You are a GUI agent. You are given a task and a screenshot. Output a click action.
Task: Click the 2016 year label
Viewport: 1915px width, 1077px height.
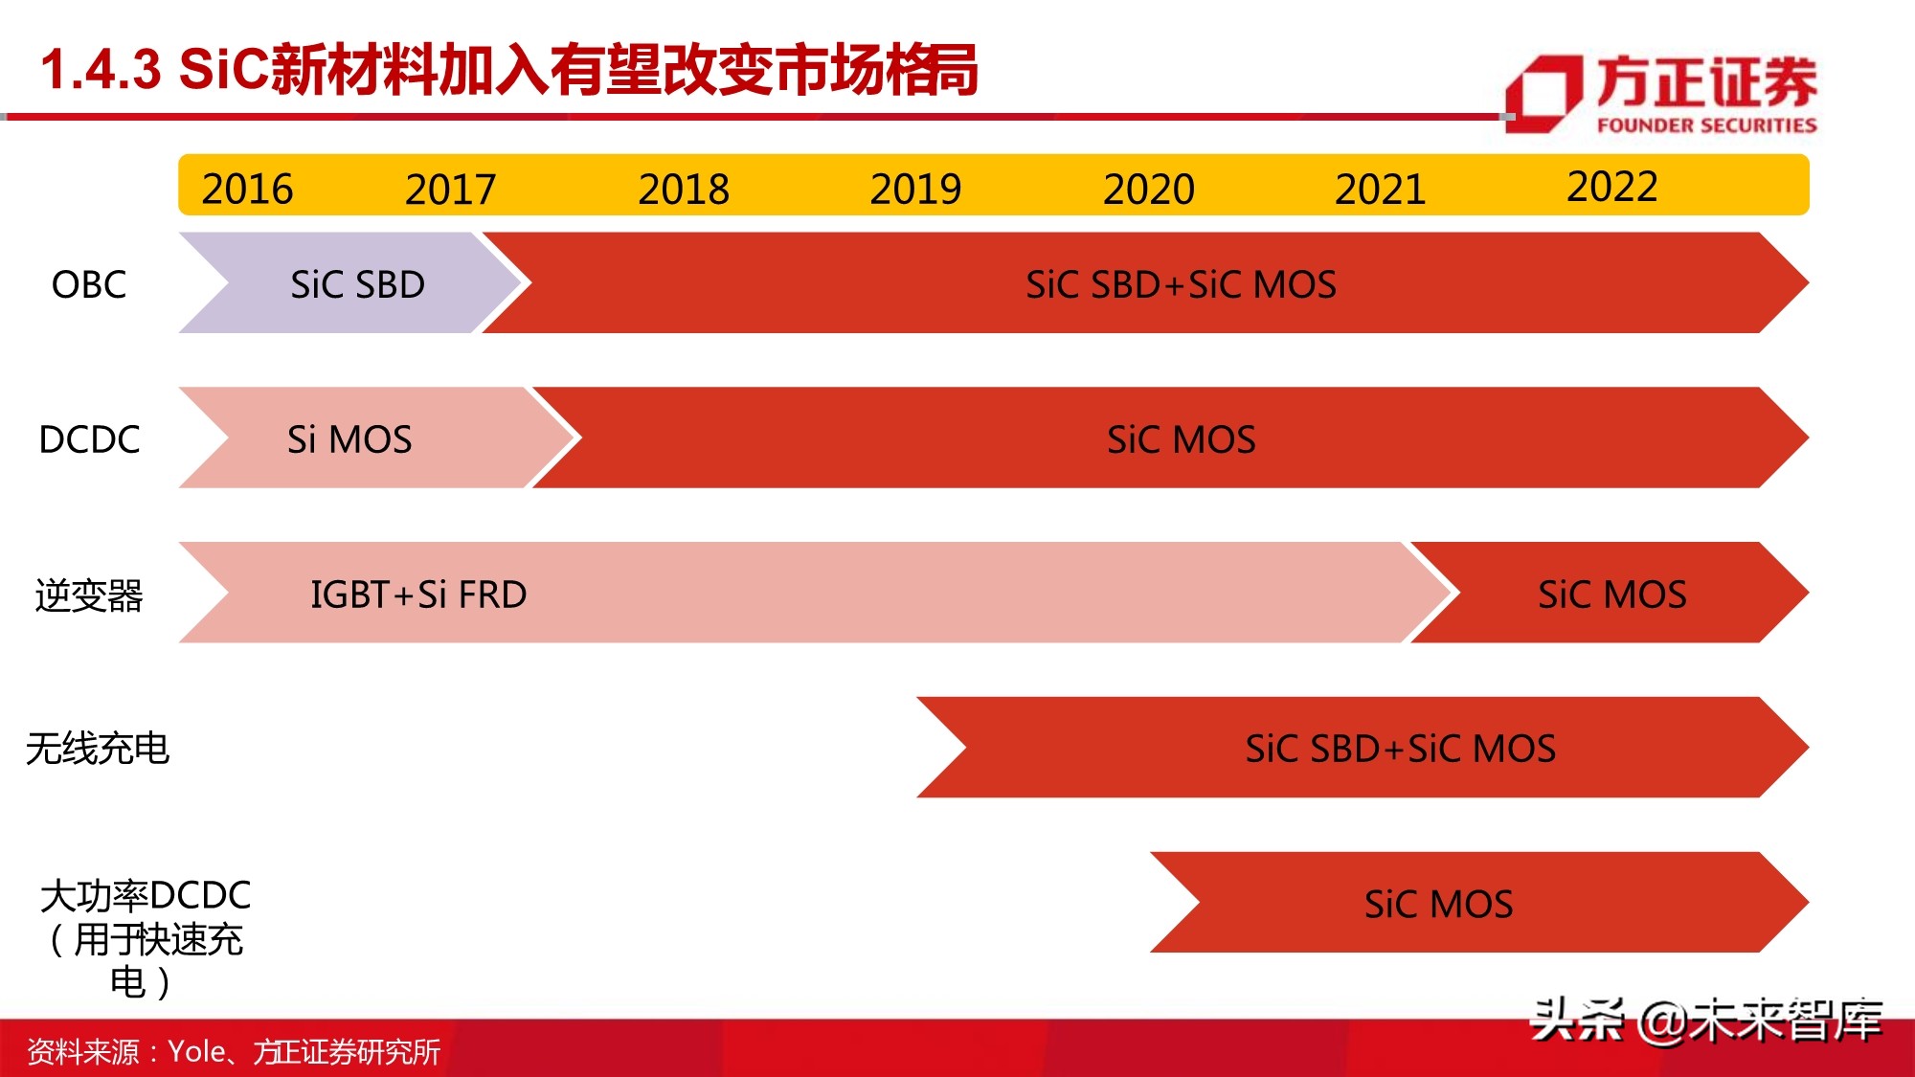click(x=247, y=189)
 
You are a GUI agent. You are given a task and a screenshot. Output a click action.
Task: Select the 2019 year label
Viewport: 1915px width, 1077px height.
click(x=915, y=189)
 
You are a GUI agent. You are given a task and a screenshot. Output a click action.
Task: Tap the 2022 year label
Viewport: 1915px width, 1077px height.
click(x=1611, y=186)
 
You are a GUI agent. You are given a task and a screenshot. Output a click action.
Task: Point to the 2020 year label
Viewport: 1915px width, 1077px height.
click(x=1148, y=189)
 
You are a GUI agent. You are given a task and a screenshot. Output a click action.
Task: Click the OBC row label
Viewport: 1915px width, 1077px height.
click(x=89, y=284)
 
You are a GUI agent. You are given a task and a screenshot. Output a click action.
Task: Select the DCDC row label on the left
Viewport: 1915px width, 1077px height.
click(x=89, y=439)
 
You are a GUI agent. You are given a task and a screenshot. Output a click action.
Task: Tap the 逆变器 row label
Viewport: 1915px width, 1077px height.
click(x=89, y=595)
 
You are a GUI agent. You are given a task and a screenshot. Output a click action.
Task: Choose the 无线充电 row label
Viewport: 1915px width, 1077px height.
click(x=98, y=749)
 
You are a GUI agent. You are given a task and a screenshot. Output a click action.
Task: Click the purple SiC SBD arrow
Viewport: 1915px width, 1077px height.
click(x=357, y=284)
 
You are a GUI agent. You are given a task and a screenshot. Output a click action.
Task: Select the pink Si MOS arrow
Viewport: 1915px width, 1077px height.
click(x=349, y=439)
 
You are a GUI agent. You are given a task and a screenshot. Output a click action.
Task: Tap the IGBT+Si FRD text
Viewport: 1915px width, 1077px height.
click(x=418, y=595)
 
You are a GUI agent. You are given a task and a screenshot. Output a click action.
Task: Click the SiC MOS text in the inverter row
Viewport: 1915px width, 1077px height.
click(x=1611, y=595)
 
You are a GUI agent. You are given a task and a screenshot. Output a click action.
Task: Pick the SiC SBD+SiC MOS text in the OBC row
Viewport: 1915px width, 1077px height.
click(x=1181, y=284)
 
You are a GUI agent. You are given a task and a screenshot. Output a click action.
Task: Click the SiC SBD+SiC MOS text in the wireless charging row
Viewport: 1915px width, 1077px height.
click(x=1400, y=749)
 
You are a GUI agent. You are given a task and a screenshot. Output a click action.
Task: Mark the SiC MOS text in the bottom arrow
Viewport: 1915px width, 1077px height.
click(x=1438, y=904)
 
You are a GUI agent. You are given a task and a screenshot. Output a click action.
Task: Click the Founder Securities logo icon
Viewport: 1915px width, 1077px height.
click(x=1543, y=93)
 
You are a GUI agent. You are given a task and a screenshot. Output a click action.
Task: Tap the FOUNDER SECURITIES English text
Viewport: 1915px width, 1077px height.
click(x=1706, y=125)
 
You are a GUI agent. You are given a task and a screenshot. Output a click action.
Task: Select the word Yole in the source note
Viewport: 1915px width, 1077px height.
click(x=196, y=1051)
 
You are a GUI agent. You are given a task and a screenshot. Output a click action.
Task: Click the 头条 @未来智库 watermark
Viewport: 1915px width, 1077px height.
click(x=1706, y=1020)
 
